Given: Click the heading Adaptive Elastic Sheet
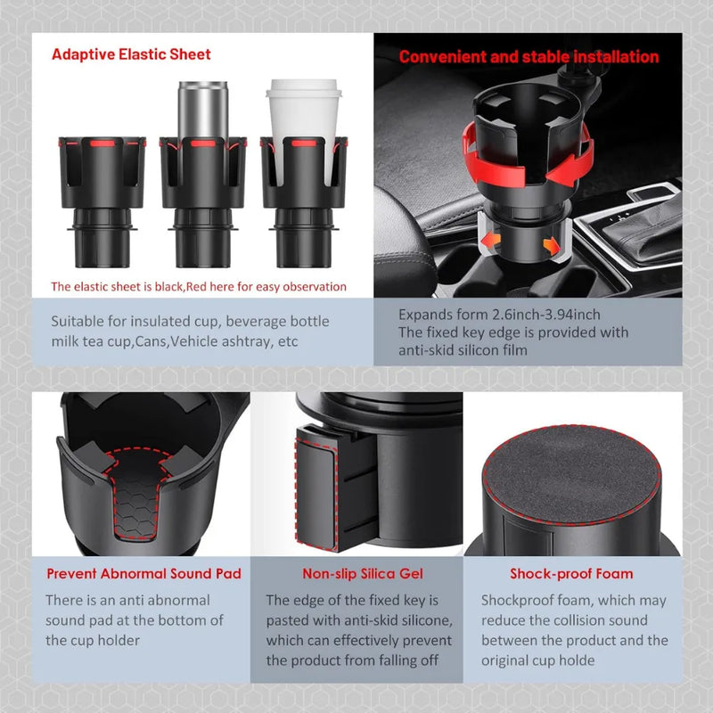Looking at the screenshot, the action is [x=131, y=54].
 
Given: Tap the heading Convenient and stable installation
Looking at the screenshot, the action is [x=529, y=57].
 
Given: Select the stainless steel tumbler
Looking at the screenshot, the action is [x=203, y=111].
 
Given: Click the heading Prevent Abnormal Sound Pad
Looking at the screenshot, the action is [x=143, y=574].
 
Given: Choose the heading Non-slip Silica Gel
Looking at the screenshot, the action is [x=363, y=574].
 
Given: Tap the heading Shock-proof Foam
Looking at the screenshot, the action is [x=571, y=574].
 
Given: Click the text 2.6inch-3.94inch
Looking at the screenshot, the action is [x=546, y=315].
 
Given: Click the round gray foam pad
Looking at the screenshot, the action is [x=571, y=475].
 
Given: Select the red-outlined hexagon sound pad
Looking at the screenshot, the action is [x=136, y=494].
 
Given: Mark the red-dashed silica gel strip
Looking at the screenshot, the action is [x=316, y=488].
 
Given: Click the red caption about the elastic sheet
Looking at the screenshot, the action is [x=199, y=287].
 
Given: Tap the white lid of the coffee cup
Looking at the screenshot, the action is [x=303, y=88].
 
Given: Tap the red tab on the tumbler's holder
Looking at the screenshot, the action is [x=203, y=143].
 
